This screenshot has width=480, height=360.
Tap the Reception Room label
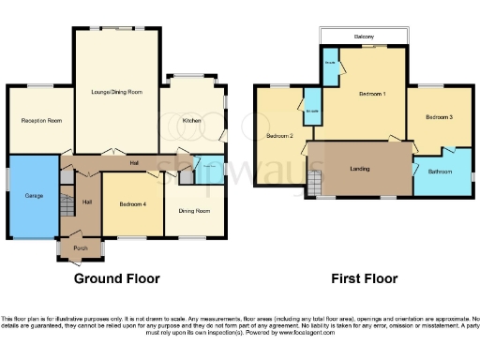pyautogui.click(x=41, y=121)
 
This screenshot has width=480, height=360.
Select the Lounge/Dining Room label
pyautogui.click(x=116, y=92)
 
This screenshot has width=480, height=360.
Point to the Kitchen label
pyautogui.click(x=191, y=121)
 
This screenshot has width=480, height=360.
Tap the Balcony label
pyautogui.click(x=365, y=36)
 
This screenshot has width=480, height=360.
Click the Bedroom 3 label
pyautogui.click(x=439, y=117)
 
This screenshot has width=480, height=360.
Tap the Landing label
pyautogui.click(x=358, y=169)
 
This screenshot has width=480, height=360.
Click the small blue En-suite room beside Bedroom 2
pyautogui.click(x=311, y=113)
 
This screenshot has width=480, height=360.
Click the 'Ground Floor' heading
pyautogui.click(x=117, y=278)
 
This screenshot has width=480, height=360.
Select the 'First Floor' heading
pyautogui.click(x=364, y=278)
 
